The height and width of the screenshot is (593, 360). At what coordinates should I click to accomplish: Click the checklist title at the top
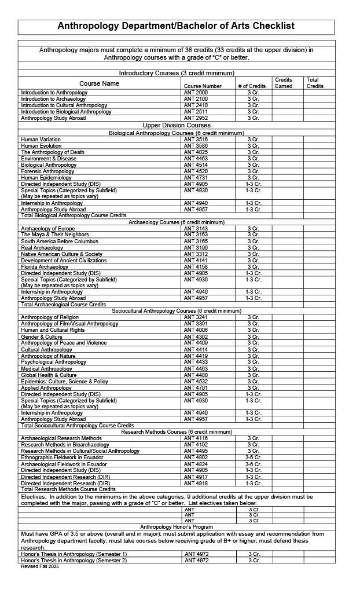tap(176, 26)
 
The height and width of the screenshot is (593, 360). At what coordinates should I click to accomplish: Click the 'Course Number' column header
tap(203, 86)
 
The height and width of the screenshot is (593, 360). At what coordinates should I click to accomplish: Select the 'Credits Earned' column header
tap(284, 83)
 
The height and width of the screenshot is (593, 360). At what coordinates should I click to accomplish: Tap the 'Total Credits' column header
tap(315, 83)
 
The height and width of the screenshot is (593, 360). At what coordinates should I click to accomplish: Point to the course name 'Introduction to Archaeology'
tap(53, 99)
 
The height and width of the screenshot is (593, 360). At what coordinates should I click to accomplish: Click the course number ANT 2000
tap(196, 93)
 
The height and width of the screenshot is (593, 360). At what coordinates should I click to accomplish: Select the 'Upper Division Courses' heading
tap(177, 125)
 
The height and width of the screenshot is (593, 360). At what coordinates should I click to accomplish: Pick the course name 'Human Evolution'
tap(41, 146)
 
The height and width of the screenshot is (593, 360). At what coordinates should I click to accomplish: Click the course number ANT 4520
tap(196, 171)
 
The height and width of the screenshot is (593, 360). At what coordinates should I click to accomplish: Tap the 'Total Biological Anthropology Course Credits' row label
tap(74, 215)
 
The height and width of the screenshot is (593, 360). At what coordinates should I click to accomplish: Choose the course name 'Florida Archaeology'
tap(45, 267)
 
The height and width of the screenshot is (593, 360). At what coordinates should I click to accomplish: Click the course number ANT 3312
tap(196, 254)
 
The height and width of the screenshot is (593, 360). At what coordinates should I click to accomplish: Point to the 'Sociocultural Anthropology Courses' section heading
tap(177, 311)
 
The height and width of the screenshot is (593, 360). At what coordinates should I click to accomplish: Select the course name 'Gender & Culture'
tap(42, 336)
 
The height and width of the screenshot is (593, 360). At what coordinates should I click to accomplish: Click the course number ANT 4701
tap(196, 388)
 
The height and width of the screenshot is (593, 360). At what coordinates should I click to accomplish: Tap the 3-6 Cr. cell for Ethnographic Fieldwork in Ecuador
tap(253, 457)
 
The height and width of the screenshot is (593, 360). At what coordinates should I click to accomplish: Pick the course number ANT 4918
tap(196, 483)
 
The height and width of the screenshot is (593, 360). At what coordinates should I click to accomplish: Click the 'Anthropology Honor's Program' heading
tap(177, 526)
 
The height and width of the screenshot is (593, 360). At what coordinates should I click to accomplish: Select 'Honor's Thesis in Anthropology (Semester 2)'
tap(74, 560)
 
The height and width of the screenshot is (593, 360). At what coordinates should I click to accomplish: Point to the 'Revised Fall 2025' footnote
tap(40, 566)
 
